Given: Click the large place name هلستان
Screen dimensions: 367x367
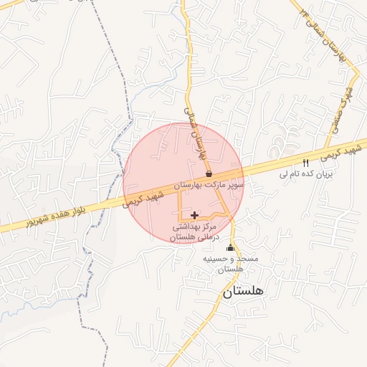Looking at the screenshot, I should [243, 291].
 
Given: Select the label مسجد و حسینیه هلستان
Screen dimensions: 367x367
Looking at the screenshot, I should [230, 262].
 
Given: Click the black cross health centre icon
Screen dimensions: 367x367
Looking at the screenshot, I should [194, 214].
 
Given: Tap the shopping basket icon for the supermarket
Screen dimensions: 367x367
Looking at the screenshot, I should [209, 173].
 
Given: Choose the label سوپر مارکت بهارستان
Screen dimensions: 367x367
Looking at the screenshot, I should [214, 184].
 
